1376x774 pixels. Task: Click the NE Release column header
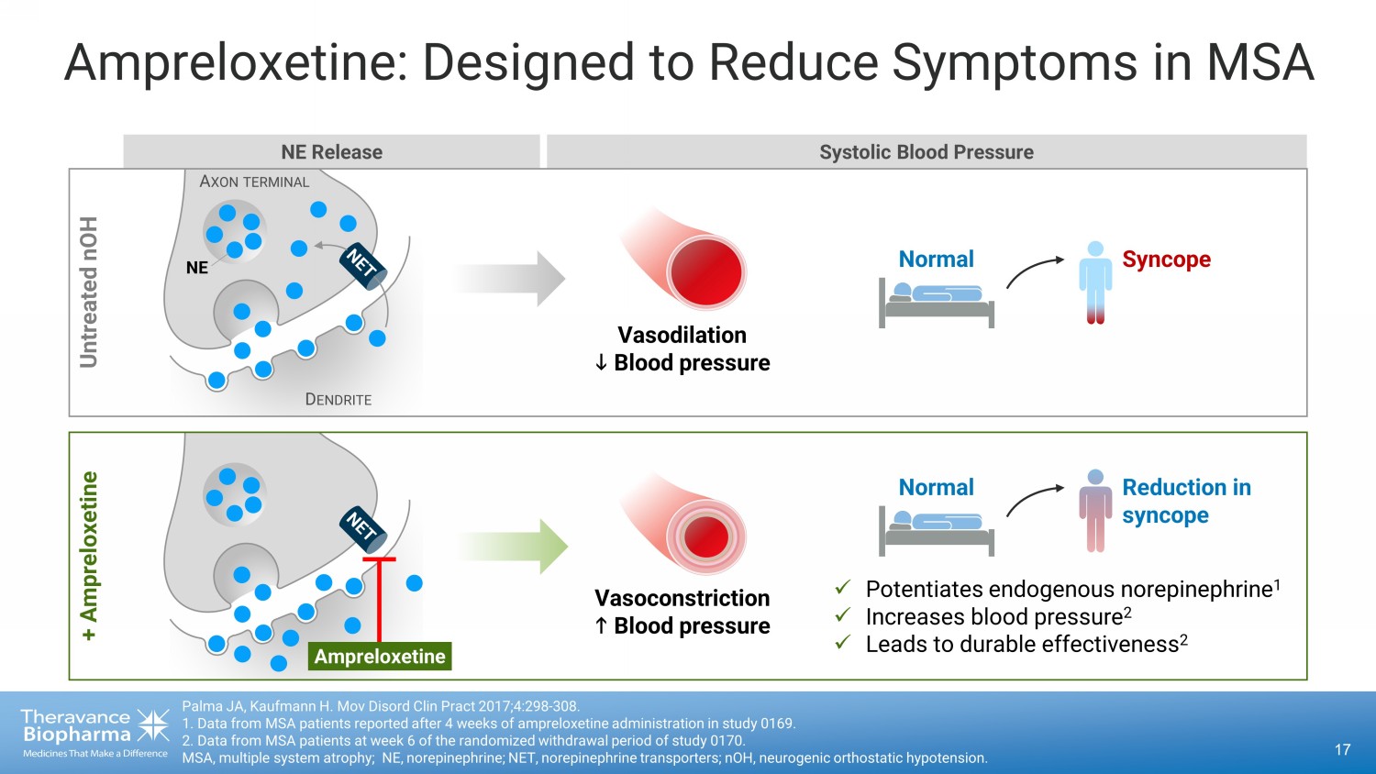[331, 152]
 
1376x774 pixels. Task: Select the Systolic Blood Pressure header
[926, 152]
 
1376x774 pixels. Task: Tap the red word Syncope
[1166, 260]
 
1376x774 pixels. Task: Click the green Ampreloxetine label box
[380, 657]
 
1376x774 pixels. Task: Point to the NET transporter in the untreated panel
[363, 266]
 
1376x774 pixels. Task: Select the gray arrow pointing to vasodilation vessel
[509, 278]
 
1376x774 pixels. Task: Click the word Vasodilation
[682, 335]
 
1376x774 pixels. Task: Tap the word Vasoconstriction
[682, 598]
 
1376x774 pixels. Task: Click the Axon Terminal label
[254, 182]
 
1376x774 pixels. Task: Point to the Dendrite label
[338, 400]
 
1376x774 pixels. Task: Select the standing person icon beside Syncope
[1094, 282]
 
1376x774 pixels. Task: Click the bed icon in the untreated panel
[937, 302]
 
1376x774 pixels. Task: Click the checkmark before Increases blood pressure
[843, 615]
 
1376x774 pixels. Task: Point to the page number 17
[1342, 750]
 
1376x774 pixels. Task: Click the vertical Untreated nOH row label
[89, 292]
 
